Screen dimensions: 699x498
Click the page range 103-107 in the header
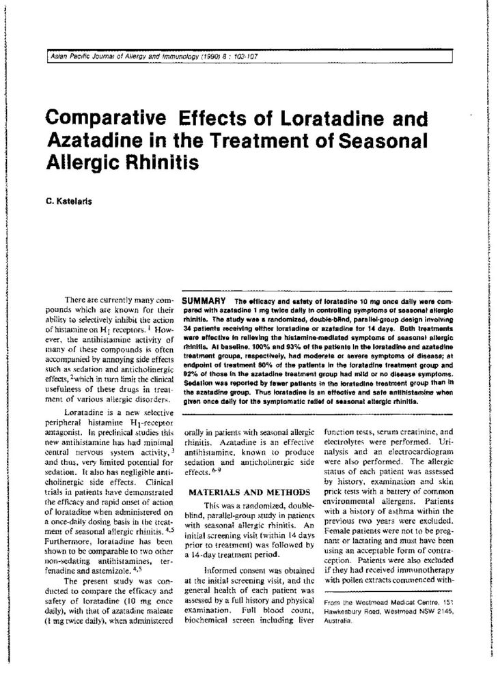point(241,55)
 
